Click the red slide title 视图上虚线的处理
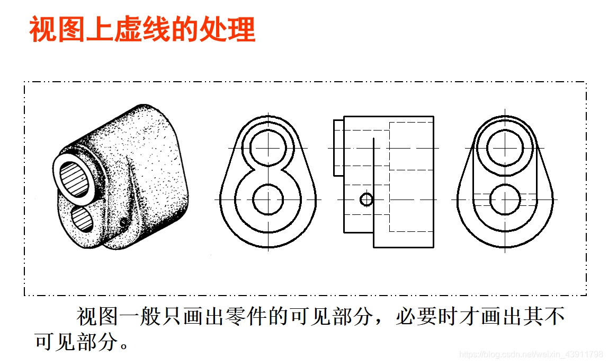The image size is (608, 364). (x=142, y=30)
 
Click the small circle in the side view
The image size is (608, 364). (x=366, y=200)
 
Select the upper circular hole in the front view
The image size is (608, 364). (x=268, y=147)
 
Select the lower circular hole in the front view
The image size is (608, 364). (x=268, y=199)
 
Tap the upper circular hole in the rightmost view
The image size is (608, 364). (x=505, y=147)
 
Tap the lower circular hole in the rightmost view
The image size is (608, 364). (x=505, y=200)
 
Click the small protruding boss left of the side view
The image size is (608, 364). (x=338, y=147)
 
